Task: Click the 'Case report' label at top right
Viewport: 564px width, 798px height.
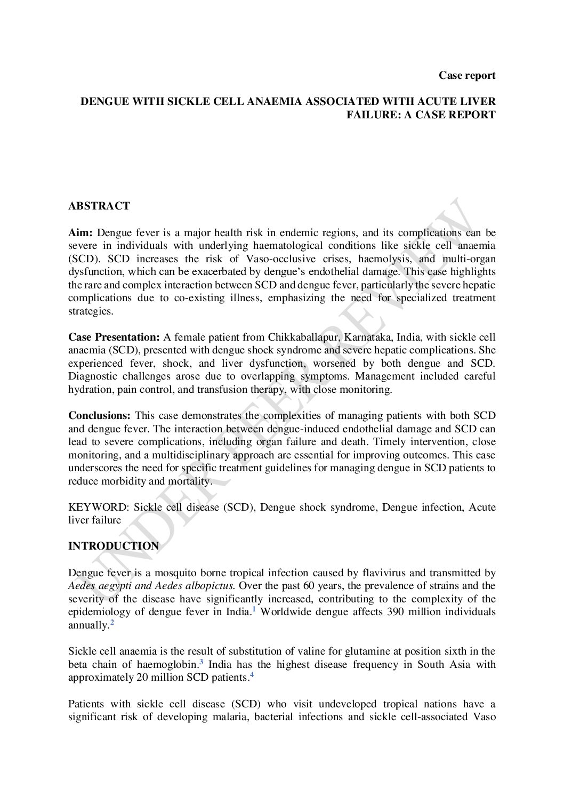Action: point(467,75)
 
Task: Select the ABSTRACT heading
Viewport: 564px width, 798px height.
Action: point(99,206)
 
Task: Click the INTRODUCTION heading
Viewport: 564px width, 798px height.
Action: point(113,546)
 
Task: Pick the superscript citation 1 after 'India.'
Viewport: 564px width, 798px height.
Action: point(254,609)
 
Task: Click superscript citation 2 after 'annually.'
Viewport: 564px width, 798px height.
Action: point(112,622)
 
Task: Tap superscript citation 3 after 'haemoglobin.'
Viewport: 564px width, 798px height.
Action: point(202,662)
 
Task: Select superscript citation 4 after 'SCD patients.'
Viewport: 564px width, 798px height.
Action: point(252,675)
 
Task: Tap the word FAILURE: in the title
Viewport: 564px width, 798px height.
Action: point(374,115)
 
